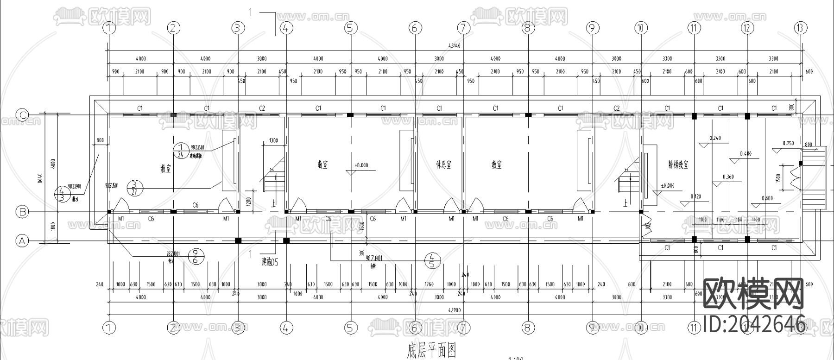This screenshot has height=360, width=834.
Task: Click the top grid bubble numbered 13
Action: [x=800, y=28]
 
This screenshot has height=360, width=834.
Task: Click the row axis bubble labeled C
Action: [x=22, y=114]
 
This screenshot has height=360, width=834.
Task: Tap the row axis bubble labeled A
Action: [x=22, y=240]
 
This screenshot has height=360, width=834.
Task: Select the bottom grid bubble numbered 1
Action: [x=109, y=328]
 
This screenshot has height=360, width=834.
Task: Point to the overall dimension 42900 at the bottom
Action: [x=454, y=310]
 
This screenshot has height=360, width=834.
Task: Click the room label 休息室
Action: [x=443, y=164]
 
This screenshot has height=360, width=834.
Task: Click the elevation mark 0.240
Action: [x=715, y=139]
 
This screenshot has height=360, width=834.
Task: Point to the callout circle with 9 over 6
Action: [x=196, y=256]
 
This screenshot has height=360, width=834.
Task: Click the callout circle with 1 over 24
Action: [x=181, y=151]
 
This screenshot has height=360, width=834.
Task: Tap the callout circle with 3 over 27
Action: [x=134, y=188]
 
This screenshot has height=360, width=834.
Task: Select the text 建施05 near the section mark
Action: [x=270, y=262]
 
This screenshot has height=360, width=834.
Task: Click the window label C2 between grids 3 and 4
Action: [x=262, y=108]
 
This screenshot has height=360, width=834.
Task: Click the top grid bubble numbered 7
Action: [x=463, y=28]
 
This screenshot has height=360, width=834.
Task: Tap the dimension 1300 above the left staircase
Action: [x=273, y=140]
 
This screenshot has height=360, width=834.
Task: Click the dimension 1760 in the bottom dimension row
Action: [x=429, y=284]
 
